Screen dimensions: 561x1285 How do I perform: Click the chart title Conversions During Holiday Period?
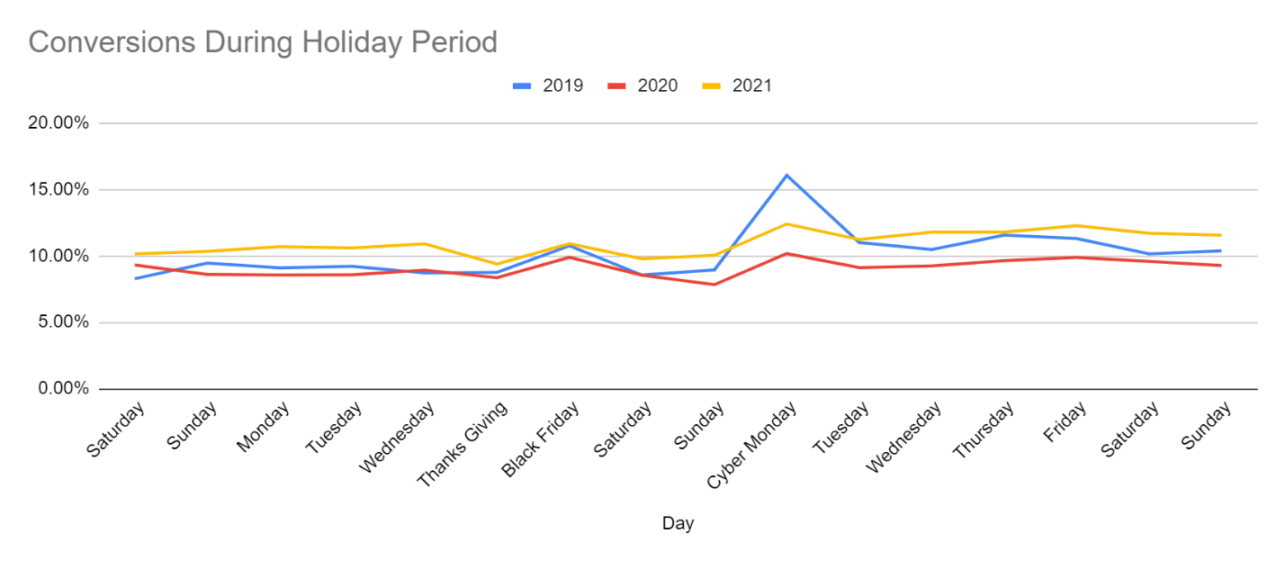[263, 41]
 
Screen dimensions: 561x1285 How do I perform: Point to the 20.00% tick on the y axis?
[58, 123]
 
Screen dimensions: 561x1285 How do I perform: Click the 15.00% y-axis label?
[58, 190]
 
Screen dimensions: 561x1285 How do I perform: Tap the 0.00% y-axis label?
[62, 389]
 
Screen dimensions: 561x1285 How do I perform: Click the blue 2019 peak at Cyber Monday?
[787, 175]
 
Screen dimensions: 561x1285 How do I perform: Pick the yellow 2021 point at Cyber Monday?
[787, 223]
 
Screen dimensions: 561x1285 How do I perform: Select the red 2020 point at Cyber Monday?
[787, 253]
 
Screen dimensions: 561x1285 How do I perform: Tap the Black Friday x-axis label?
[541, 439]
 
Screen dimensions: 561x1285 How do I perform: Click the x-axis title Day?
[678, 523]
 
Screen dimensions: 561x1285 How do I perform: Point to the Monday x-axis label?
[264, 428]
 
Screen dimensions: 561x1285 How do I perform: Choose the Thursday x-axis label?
[984, 430]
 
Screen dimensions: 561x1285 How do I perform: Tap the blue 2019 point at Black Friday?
[570, 245]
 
